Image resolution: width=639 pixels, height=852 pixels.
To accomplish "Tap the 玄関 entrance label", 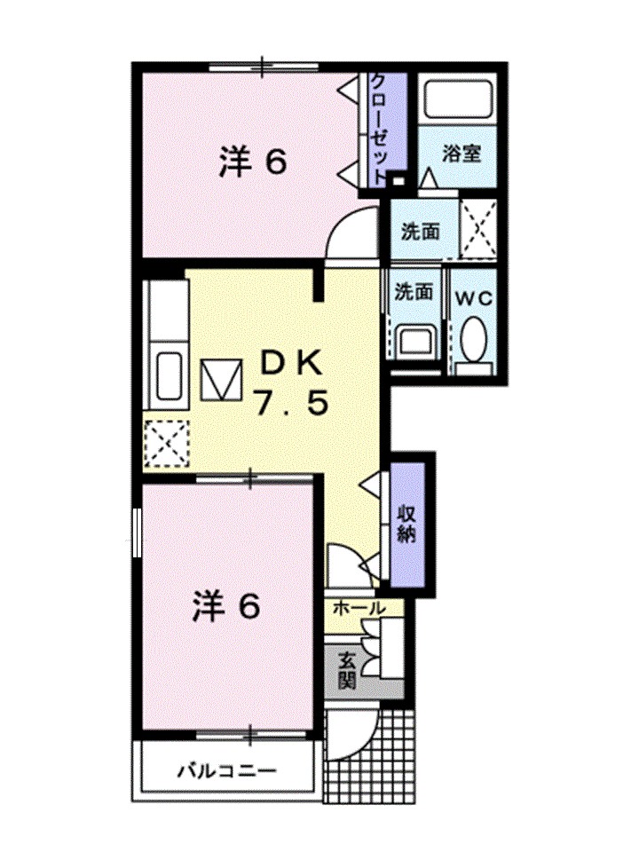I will [x=344, y=672].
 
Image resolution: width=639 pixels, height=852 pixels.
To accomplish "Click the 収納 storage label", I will [x=406, y=524].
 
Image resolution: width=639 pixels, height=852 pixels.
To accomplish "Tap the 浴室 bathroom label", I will [x=461, y=153].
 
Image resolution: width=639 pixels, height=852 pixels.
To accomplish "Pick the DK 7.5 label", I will [x=292, y=383].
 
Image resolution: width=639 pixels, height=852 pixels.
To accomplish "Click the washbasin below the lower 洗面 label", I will [x=414, y=341].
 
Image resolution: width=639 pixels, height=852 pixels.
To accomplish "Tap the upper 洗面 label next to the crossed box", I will [x=420, y=232].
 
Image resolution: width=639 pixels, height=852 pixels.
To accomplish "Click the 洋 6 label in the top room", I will [x=253, y=162].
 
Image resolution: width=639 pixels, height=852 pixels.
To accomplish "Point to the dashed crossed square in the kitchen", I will [x=167, y=441].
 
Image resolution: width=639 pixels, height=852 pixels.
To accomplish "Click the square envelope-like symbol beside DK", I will [x=220, y=380].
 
